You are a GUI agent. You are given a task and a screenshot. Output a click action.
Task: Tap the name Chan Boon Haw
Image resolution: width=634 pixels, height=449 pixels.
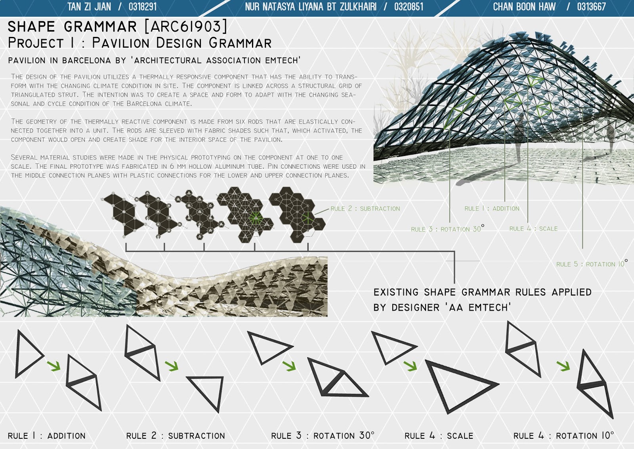pos(524,7)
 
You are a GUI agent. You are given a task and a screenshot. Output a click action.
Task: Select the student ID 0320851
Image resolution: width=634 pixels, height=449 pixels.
pos(409,7)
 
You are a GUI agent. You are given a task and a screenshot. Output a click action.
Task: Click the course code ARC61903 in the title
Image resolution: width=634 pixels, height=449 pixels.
pos(186,27)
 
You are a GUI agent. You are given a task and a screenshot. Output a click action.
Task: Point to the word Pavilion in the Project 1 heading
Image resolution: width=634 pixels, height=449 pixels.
pos(120,43)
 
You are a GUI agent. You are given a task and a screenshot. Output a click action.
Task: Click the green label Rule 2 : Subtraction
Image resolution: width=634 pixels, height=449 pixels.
pos(365,209)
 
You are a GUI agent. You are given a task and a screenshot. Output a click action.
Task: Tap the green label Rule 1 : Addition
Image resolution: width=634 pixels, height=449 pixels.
pos(492,209)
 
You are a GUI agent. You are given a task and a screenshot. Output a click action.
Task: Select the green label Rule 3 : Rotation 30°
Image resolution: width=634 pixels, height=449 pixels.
pos(447,229)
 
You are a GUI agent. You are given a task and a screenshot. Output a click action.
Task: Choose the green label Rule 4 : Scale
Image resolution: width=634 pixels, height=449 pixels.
pos(533,229)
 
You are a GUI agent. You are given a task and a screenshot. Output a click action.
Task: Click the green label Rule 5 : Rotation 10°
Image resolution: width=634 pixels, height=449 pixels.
pos(592,264)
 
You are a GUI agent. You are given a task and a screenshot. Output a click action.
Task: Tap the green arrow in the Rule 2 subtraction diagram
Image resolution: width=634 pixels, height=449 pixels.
pos(172,365)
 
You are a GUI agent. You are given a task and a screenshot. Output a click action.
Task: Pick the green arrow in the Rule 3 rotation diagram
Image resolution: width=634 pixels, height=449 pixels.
pos(289,365)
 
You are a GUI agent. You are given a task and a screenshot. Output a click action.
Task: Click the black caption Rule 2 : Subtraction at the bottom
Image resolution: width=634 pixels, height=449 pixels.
pos(176,436)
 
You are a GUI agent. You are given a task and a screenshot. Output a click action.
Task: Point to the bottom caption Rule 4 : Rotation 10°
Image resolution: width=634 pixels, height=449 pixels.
pos(563,436)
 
